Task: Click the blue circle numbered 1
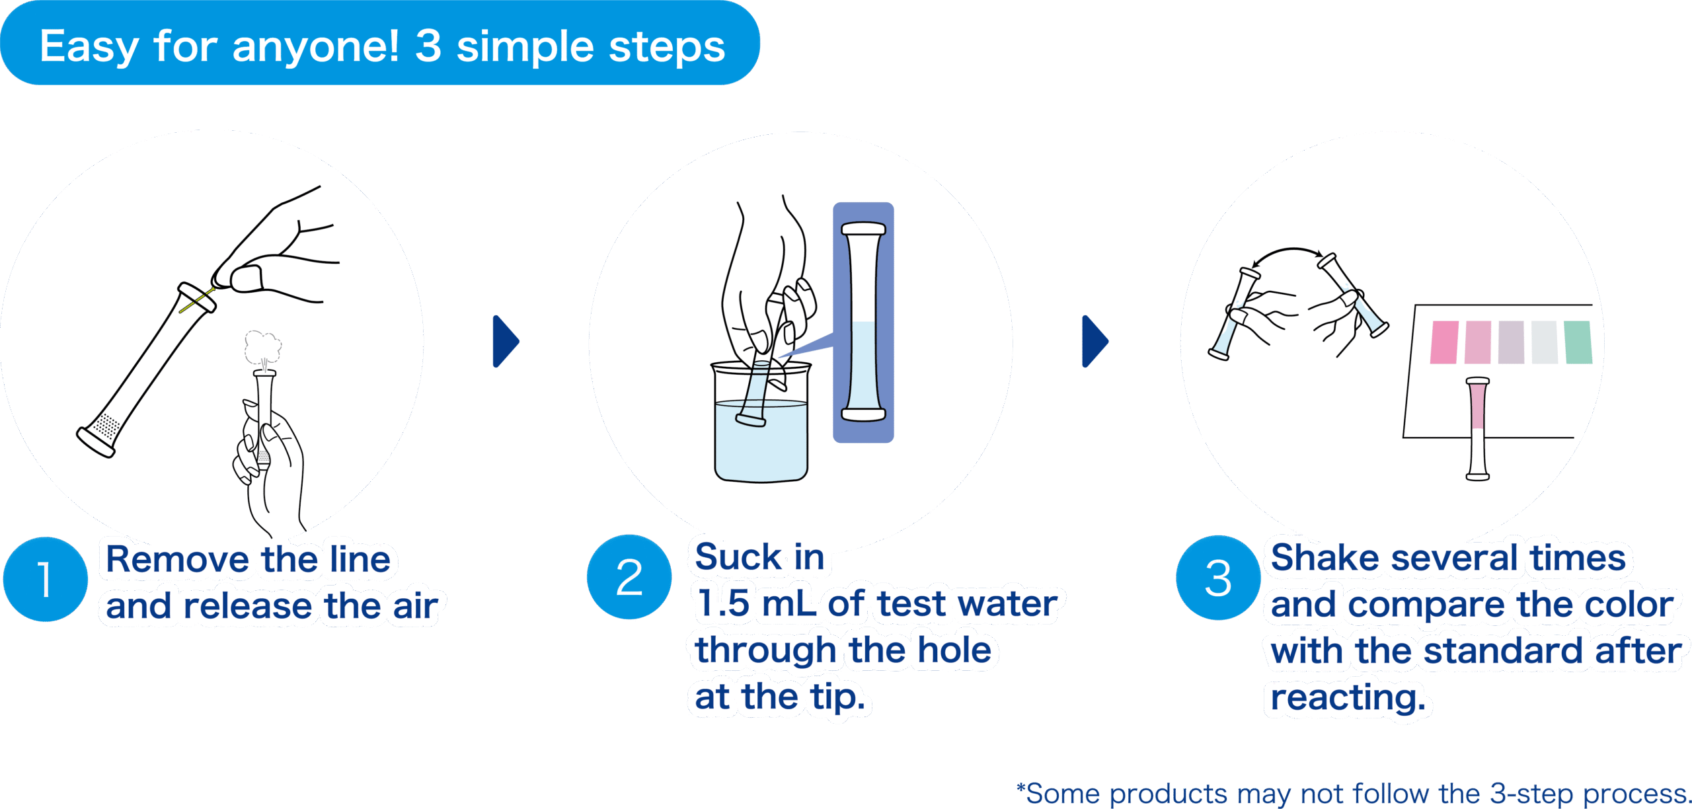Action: pos(45,579)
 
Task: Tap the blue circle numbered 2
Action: pos(629,577)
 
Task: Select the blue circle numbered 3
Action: pos(1218,578)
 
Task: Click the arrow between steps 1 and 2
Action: pos(505,341)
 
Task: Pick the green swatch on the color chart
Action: pos(1578,342)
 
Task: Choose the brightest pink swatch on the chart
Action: pos(1444,342)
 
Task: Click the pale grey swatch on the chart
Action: pos(1545,342)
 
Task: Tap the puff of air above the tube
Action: pos(263,346)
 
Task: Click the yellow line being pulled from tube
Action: pos(197,301)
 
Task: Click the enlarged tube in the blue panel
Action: pos(863,323)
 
